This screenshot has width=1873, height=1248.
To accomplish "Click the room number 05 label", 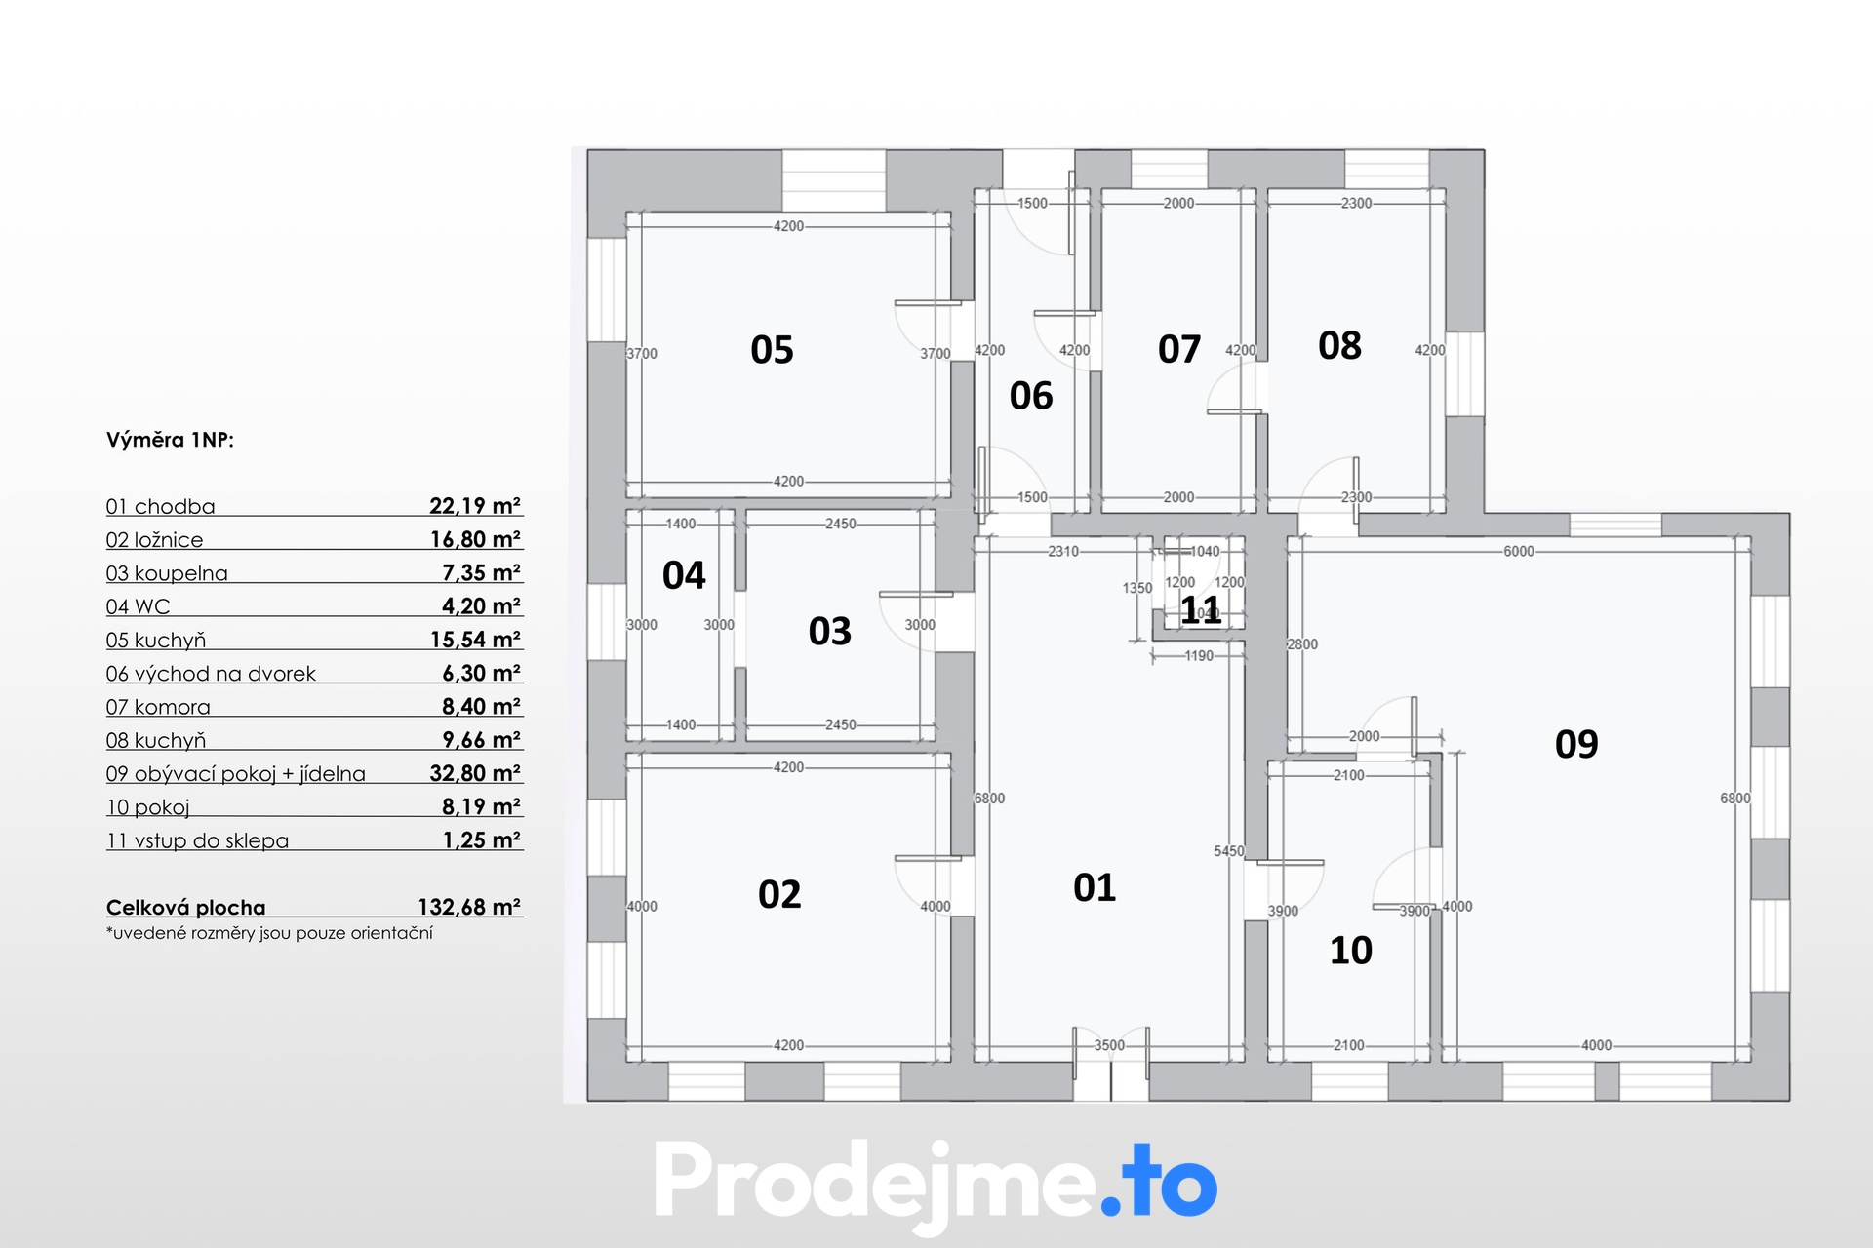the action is pyautogui.click(x=772, y=349).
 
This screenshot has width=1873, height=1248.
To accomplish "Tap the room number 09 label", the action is pyautogui.click(x=1576, y=744).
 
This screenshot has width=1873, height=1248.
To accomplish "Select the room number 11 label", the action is pyautogui.click(x=1201, y=610).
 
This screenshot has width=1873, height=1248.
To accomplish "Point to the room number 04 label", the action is pyautogui.click(x=684, y=575).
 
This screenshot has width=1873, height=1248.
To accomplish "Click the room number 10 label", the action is pyautogui.click(x=1351, y=950).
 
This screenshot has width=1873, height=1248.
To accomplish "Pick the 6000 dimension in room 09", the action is pyautogui.click(x=1519, y=551).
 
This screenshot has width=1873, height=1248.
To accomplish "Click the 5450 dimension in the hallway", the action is pyautogui.click(x=1229, y=851).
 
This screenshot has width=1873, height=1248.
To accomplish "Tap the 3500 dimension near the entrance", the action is pyautogui.click(x=1109, y=1045).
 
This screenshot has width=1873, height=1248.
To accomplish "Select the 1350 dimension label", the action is pyautogui.click(x=1137, y=588).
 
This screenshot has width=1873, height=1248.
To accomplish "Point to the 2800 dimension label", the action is pyautogui.click(x=1302, y=644).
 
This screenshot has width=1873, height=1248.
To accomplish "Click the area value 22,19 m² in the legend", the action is pyautogui.click(x=475, y=505).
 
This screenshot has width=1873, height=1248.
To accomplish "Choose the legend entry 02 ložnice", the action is pyautogui.click(x=154, y=540).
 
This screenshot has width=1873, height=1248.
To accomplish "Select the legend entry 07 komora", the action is pyautogui.click(x=158, y=707).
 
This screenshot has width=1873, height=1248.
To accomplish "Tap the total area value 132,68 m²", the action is pyautogui.click(x=469, y=907).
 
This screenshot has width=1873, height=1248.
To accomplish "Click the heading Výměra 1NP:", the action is pyautogui.click(x=170, y=440).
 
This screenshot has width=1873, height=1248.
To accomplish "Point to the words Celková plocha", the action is pyautogui.click(x=185, y=908).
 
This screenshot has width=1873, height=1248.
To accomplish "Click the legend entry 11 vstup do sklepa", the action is pyautogui.click(x=197, y=840).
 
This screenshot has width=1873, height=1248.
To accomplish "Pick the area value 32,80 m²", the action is pyautogui.click(x=475, y=773).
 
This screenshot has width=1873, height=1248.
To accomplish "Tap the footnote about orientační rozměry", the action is pyautogui.click(x=269, y=933).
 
